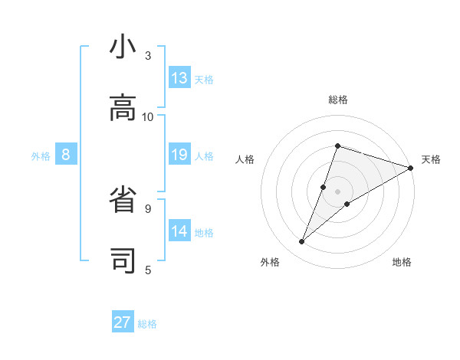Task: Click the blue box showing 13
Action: coord(179,78)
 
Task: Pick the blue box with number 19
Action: coord(179,155)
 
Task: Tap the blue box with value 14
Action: coord(179,231)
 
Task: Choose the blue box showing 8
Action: coord(66,155)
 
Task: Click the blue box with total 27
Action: coord(123,322)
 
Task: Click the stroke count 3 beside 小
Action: coord(148,56)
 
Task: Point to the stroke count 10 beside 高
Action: coord(148,116)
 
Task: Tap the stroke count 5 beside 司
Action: coord(148,270)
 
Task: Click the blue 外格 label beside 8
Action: coord(41,156)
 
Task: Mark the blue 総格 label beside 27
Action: coord(147,324)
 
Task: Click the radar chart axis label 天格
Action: coord(431,159)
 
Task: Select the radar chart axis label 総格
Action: coord(337,100)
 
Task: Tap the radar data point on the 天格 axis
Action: coord(410,168)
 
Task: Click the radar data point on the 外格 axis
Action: coord(301,242)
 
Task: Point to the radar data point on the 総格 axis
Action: coord(337,146)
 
